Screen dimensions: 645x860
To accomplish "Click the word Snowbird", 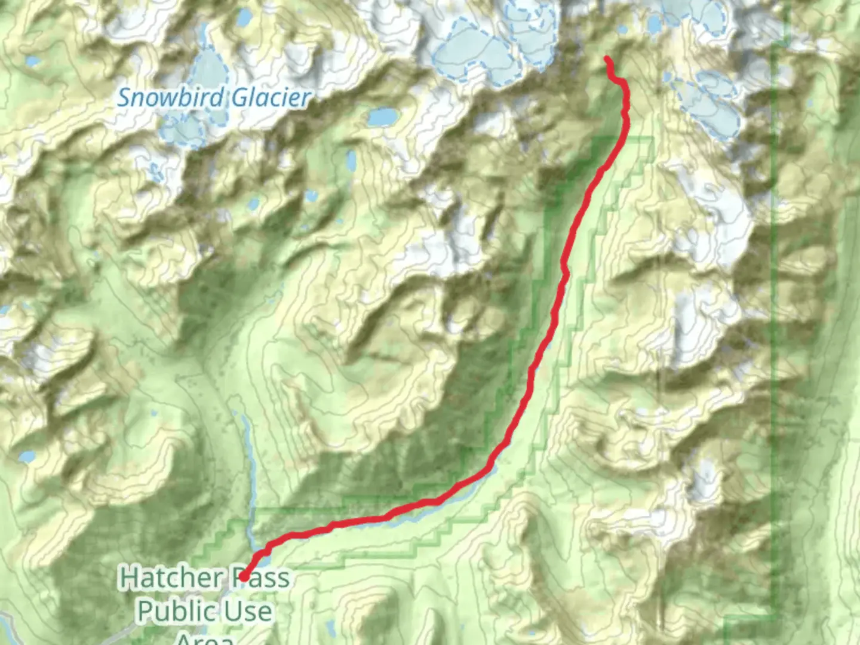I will coord(171,97).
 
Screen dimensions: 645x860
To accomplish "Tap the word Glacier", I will coord(271,97).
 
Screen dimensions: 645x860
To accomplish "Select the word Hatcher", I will coord(171,578).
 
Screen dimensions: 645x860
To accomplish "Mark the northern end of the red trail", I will coord(607,59).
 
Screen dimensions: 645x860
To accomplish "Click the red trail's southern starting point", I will coord(244,577).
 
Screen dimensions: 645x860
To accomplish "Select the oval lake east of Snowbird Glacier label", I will coord(382,117).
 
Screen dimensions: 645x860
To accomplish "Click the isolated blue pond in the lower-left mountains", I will coord(27,457).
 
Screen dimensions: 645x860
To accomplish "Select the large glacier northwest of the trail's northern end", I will coord(472,51).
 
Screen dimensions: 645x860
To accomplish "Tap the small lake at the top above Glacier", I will coord(244,18).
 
